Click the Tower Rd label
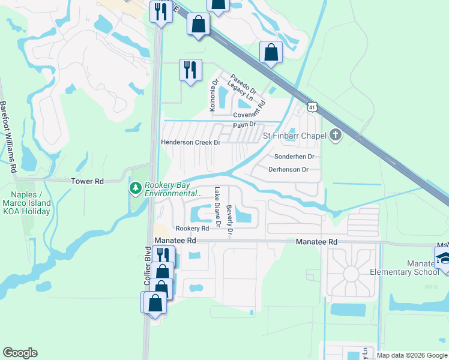coord(87,181)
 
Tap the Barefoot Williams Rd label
coord(7,137)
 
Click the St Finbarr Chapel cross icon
coord(336,136)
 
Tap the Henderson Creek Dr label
coord(191,143)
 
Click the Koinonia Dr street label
coord(212,97)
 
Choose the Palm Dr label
coord(244,125)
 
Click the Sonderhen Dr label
coord(294,156)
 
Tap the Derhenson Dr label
coord(289,170)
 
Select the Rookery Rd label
coord(192,229)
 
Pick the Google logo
coord(20,353)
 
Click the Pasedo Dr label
coord(243,83)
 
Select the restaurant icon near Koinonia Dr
coord(190,70)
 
